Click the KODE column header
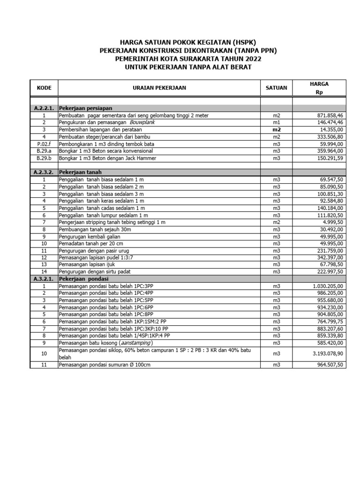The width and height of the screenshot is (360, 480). pyautogui.click(x=44, y=88)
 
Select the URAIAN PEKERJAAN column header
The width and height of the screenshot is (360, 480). pyautogui.click(x=159, y=88)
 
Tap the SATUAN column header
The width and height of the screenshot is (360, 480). pyautogui.click(x=276, y=88)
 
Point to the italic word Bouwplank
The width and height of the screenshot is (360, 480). pyautogui.click(x=142, y=122)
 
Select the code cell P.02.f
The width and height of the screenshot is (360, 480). pyautogui.click(x=44, y=144)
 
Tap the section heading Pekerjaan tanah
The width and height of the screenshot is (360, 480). pyautogui.click(x=80, y=172)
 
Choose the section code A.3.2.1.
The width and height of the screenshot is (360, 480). pyautogui.click(x=44, y=278)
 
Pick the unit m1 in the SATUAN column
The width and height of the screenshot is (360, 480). pyautogui.click(x=276, y=122)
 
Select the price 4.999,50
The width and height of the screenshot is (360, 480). pyautogui.click(x=330, y=222)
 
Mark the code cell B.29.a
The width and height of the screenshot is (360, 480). pyautogui.click(x=44, y=151)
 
